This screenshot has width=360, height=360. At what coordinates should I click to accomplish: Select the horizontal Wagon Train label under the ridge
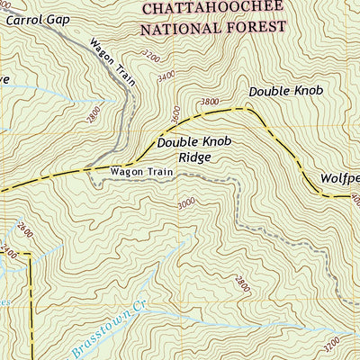tap(140, 171)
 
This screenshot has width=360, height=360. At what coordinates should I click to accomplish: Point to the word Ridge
tap(194, 157)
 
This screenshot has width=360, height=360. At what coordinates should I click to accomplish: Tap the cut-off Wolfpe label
tap(341, 177)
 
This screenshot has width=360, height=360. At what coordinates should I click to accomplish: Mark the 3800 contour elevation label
tap(211, 102)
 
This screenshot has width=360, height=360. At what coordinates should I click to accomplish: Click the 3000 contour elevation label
tap(186, 204)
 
